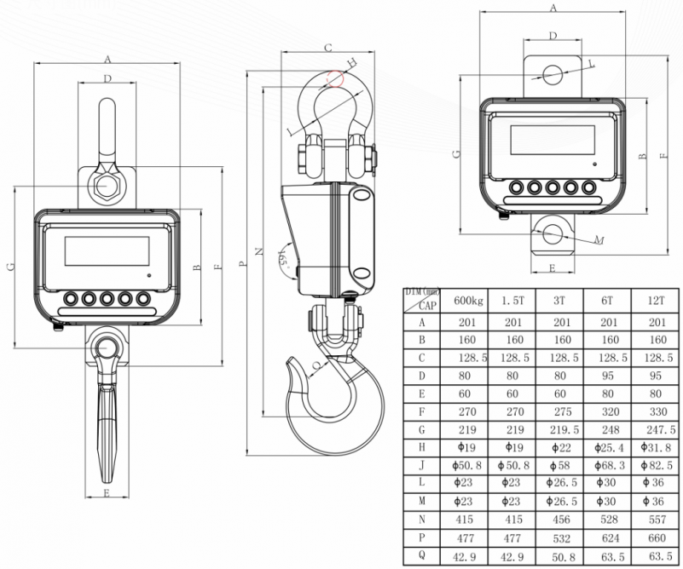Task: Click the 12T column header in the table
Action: tap(656, 301)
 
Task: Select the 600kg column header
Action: tap(468, 301)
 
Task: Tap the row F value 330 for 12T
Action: tap(657, 411)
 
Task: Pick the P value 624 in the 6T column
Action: tap(610, 538)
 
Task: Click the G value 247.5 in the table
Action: tap(661, 430)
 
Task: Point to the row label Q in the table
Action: tap(421, 555)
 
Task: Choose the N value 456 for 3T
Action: tap(561, 520)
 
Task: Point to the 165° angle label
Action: tap(284, 257)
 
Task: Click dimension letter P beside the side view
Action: tap(242, 263)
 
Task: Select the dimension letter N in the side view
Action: tap(259, 251)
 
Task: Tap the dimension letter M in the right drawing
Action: tap(599, 239)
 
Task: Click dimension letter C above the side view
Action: tap(329, 47)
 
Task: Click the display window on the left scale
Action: tap(107, 251)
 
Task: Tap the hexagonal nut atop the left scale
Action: tap(107, 186)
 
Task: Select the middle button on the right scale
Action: tap(553, 187)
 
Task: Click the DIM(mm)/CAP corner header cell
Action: tap(422, 300)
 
